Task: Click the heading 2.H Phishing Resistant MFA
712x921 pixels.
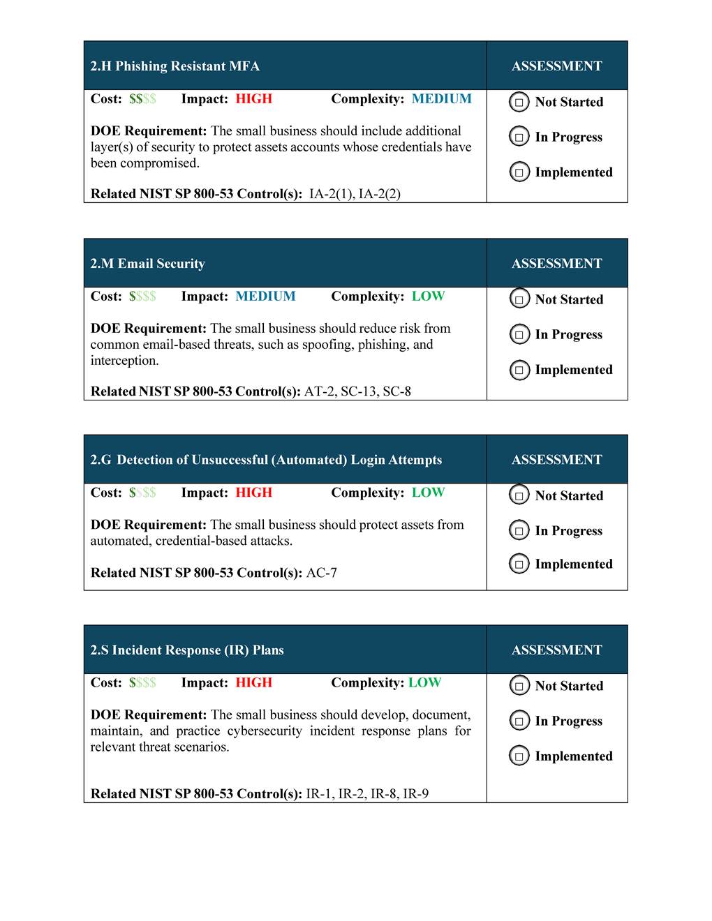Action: (x=175, y=66)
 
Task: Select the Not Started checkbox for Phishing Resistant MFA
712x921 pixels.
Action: (x=519, y=103)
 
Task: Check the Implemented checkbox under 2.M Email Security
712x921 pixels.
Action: (x=519, y=370)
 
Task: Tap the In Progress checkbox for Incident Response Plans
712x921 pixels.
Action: (x=519, y=721)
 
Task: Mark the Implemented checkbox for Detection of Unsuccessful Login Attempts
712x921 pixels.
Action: (x=519, y=564)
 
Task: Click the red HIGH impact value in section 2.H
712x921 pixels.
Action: (x=253, y=99)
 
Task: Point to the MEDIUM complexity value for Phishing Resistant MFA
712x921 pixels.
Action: (x=441, y=99)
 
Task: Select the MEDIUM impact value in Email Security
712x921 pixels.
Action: (x=265, y=297)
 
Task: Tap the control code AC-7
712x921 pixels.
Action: (x=321, y=574)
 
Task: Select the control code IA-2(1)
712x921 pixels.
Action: (x=331, y=195)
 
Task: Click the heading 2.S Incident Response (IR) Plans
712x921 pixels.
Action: (x=187, y=650)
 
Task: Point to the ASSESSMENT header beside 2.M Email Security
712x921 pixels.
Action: (x=556, y=264)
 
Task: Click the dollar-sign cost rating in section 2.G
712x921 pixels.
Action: (x=142, y=493)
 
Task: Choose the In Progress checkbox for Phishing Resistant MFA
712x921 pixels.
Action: (x=519, y=137)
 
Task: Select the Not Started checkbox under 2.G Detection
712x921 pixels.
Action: (x=519, y=496)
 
